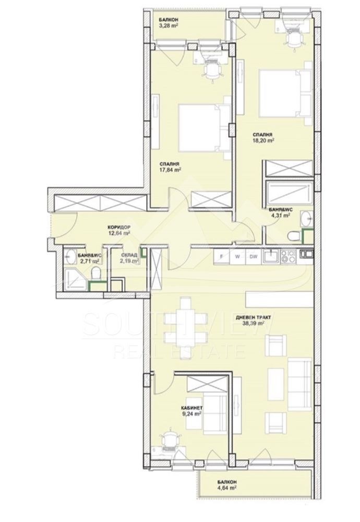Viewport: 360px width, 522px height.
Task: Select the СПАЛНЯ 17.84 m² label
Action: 170,166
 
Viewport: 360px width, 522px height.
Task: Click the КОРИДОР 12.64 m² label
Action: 118,230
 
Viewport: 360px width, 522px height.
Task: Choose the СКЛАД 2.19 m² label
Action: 129,257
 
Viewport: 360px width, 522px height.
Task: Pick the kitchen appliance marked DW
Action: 253,256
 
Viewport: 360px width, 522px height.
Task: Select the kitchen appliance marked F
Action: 222,256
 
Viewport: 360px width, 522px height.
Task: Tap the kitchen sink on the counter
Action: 271,256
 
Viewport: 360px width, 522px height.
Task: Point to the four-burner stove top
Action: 288,256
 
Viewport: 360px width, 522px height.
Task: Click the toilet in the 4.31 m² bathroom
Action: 295,235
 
